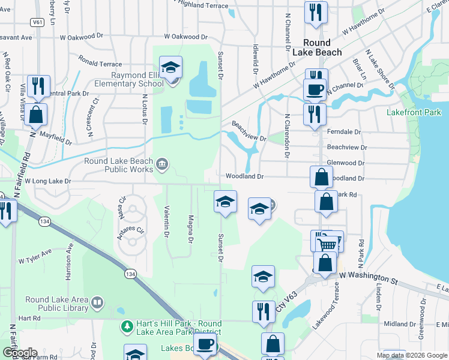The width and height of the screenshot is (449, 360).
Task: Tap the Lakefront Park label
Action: [414, 112]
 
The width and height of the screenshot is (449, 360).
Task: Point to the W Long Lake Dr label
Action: [44, 181]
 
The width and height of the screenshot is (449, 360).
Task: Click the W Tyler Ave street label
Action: [37, 260]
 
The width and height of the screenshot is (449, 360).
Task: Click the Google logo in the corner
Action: [19, 352]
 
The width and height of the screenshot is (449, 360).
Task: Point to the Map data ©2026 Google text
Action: [411, 355]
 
